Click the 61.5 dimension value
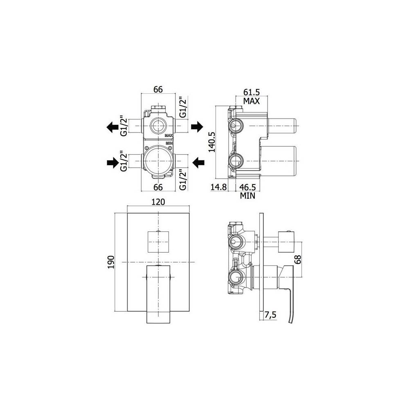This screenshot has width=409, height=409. pyautogui.click(x=252, y=92)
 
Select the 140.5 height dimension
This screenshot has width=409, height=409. pyautogui.click(x=211, y=142)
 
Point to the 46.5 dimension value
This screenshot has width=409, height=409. pyautogui.click(x=248, y=187)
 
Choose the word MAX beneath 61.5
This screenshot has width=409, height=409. pyautogui.click(x=252, y=101)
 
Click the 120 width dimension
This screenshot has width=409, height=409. pyautogui.click(x=159, y=202)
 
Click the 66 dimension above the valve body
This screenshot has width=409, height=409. pyautogui.click(x=158, y=90)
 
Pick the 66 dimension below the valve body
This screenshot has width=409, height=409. pyautogui.click(x=158, y=187)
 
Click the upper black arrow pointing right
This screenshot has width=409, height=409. pyautogui.click(x=197, y=127)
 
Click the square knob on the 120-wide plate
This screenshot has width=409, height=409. pyautogui.click(x=158, y=242)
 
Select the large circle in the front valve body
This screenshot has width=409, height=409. pyautogui.click(x=158, y=159)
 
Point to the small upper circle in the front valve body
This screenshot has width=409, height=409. pyautogui.click(x=158, y=125)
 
